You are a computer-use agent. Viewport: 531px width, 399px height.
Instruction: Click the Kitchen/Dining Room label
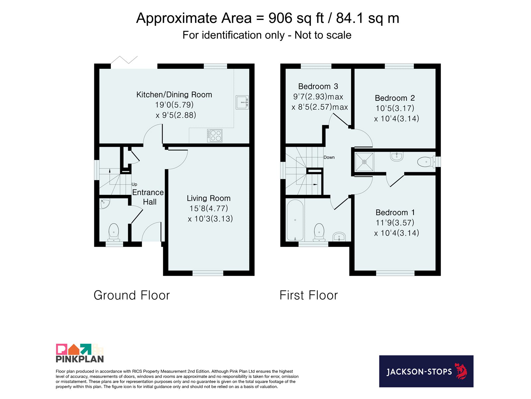pos(174,94)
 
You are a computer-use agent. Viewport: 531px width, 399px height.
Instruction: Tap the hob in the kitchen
pos(214,135)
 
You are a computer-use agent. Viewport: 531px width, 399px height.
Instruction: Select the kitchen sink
pos(242,102)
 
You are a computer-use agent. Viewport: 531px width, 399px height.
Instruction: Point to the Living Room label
pos(208,198)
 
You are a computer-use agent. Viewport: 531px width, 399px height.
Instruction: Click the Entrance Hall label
pos(148,197)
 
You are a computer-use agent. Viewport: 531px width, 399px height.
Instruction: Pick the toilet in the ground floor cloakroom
pos(114,232)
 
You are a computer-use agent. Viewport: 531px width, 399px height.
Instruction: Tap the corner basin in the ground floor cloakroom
pos(105,203)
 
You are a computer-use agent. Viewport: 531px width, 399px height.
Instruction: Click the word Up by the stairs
pos(134,184)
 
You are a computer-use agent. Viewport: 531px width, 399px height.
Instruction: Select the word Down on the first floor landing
pos(329,157)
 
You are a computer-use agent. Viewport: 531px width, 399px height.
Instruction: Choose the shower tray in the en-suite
pos(364,162)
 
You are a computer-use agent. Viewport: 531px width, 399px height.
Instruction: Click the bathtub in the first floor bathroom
pos(295,220)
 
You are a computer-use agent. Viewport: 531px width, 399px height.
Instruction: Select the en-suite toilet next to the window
pos(426,162)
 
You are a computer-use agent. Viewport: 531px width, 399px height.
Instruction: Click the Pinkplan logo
pos(80,353)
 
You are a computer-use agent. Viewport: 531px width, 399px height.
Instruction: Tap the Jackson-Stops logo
pos(426,371)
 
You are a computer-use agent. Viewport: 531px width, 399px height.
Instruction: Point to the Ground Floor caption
pos(132,295)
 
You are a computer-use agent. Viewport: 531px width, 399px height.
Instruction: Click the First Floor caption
pos(308,295)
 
